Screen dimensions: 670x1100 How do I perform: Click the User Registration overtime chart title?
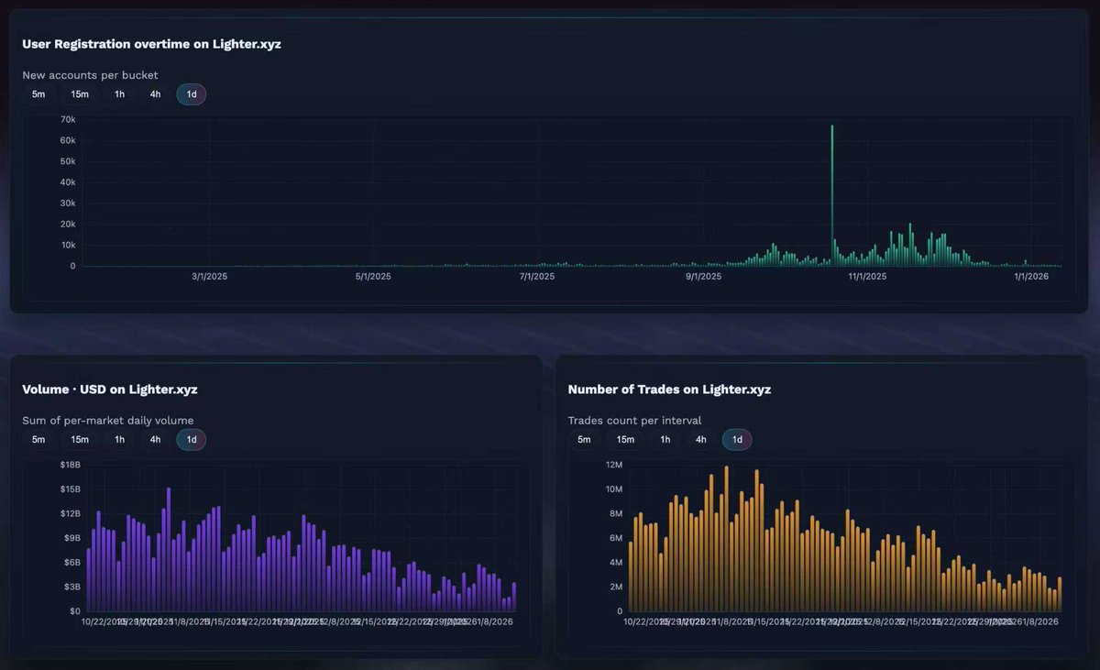pyautogui.click(x=151, y=44)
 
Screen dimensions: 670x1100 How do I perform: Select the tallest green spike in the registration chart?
pyautogui.click(x=832, y=197)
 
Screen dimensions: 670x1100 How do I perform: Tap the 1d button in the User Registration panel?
pyautogui.click(x=192, y=93)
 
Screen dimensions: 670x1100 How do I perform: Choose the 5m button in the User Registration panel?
pyautogui.click(x=38, y=93)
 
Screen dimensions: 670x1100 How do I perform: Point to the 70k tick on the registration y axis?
pyautogui.click(x=67, y=119)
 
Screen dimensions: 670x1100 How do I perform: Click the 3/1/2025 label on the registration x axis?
pyautogui.click(x=209, y=276)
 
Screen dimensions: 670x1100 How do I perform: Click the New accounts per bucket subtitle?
pyautogui.click(x=90, y=75)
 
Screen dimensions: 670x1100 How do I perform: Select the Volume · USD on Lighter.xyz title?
pyautogui.click(x=110, y=390)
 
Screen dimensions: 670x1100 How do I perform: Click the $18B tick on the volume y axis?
pyautogui.click(x=71, y=465)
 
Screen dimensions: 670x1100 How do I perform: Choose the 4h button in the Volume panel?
pyautogui.click(x=155, y=439)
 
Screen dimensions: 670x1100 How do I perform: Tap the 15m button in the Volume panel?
pyautogui.click(x=80, y=439)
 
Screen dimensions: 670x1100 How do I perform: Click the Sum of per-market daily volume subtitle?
pyautogui.click(x=107, y=421)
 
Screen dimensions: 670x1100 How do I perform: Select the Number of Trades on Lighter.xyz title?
pyautogui.click(x=669, y=390)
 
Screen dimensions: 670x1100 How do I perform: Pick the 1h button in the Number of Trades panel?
pyautogui.click(x=665, y=439)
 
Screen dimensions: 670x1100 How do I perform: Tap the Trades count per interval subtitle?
pyautogui.click(x=634, y=421)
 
